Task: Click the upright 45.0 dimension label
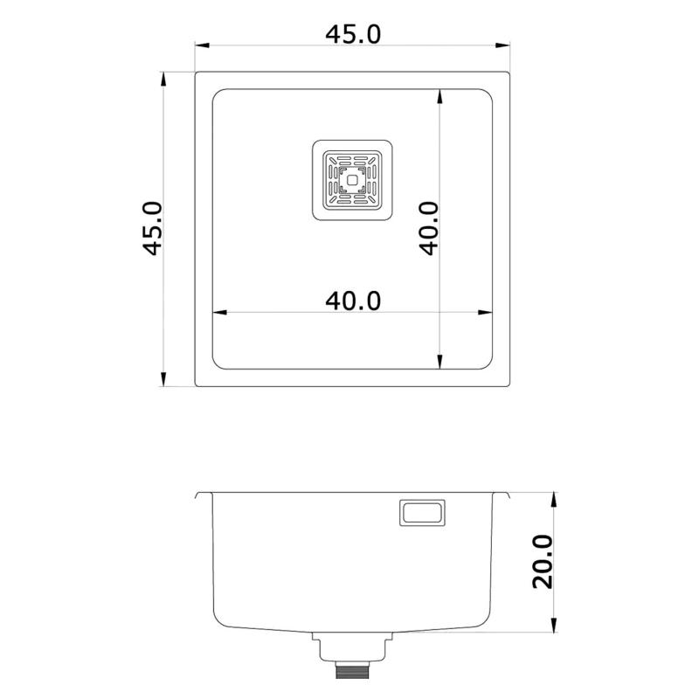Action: (x=353, y=34)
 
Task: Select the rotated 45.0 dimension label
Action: (x=154, y=229)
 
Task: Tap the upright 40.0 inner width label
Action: (x=353, y=301)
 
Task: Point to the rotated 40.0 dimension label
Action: (x=428, y=229)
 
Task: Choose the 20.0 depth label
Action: (x=543, y=562)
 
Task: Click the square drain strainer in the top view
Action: (x=352, y=182)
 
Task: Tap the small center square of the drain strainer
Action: (x=352, y=182)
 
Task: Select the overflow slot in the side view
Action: (x=422, y=512)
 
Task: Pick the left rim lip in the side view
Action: (x=201, y=495)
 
